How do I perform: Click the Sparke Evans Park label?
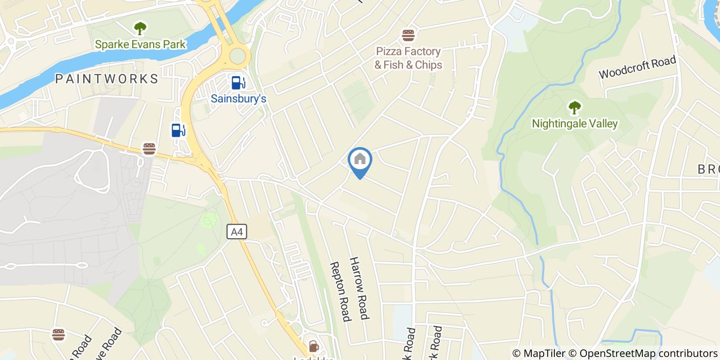pyautogui.click(x=140, y=44)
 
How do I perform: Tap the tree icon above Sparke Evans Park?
pyautogui.click(x=140, y=28)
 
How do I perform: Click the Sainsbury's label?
pyautogui.click(x=239, y=98)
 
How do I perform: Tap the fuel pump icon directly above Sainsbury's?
pyautogui.click(x=238, y=82)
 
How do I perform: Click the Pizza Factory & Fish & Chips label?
pyautogui.click(x=408, y=58)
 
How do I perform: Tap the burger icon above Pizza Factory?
pyautogui.click(x=408, y=35)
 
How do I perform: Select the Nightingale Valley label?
pyautogui.click(x=574, y=123)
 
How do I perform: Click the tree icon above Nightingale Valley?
pyautogui.click(x=574, y=107)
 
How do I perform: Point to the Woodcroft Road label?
pyautogui.click(x=637, y=67)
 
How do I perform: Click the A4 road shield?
pyautogui.click(x=237, y=232)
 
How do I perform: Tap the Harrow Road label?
pyautogui.click(x=359, y=288)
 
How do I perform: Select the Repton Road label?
pyautogui.click(x=340, y=292)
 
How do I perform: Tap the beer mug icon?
pyautogui.click(x=313, y=346)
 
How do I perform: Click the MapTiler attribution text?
pyautogui.click(x=538, y=353)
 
